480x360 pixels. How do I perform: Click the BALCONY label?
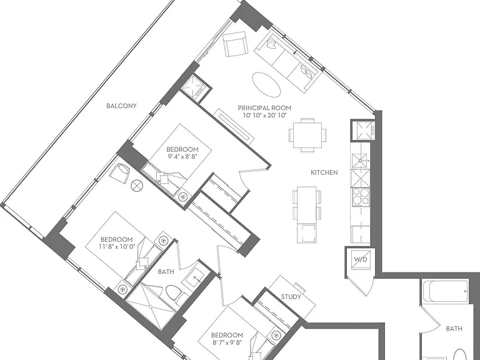pyautogui.click(x=121, y=106)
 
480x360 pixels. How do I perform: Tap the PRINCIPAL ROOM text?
pyautogui.click(x=264, y=108)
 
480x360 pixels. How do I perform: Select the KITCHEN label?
pyautogui.click(x=324, y=172)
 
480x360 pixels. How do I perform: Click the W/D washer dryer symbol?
pyautogui.click(x=361, y=259)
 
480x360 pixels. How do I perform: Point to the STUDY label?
pyautogui.click(x=291, y=297)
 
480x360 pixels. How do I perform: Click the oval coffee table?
pyautogui.click(x=266, y=84)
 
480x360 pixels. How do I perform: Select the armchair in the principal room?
pyautogui.click(x=235, y=44)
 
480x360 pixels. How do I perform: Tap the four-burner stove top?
pyautogui.click(x=361, y=197)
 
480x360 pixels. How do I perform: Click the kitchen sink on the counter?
pyautogui.click(x=360, y=161)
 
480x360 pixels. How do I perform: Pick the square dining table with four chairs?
pyautogui.click(x=307, y=135)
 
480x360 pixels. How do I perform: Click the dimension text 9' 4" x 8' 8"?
pyautogui.click(x=182, y=156)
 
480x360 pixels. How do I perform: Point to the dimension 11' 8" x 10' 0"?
pyautogui.click(x=117, y=246)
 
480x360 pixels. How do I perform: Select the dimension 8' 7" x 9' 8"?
pyautogui.click(x=227, y=342)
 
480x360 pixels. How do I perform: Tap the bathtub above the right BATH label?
pyautogui.click(x=446, y=291)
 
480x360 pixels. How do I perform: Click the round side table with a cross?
pyautogui.click(x=137, y=186)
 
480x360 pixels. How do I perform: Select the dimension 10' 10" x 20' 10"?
pyautogui.click(x=264, y=116)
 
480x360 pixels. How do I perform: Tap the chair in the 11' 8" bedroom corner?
pyautogui.click(x=120, y=173)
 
